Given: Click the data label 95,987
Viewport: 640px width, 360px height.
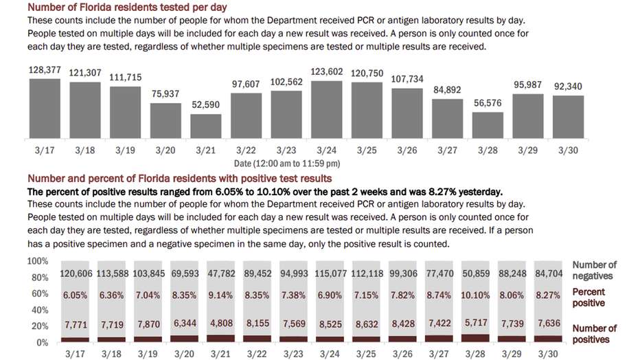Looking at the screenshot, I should [528, 86].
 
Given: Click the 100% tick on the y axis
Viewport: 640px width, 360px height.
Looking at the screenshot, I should [38, 262].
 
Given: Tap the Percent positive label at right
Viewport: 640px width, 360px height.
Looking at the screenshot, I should [589, 297].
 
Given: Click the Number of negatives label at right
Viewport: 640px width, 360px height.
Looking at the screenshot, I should [594, 270].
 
